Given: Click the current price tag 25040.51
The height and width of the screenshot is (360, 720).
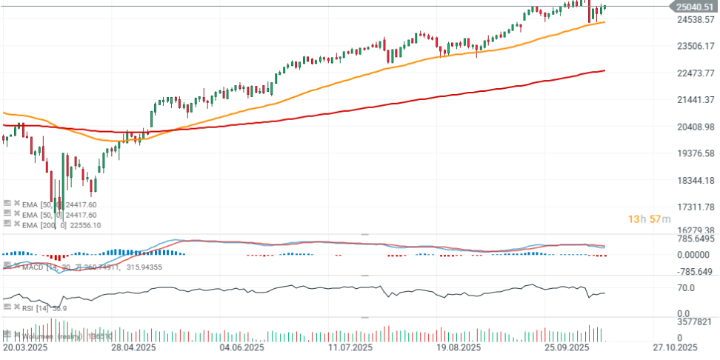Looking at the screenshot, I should [x=693, y=7].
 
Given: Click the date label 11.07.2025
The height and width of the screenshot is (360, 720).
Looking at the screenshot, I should [x=349, y=347].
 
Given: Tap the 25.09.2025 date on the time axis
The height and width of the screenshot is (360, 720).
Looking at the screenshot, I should [x=567, y=347].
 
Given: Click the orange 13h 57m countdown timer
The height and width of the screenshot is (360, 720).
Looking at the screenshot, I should [x=650, y=219].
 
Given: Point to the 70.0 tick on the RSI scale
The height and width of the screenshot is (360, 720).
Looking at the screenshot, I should [x=684, y=287].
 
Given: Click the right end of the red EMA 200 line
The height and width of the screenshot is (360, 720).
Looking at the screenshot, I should [x=604, y=71].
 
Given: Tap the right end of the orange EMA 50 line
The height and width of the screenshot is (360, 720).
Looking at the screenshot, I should [x=604, y=22].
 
